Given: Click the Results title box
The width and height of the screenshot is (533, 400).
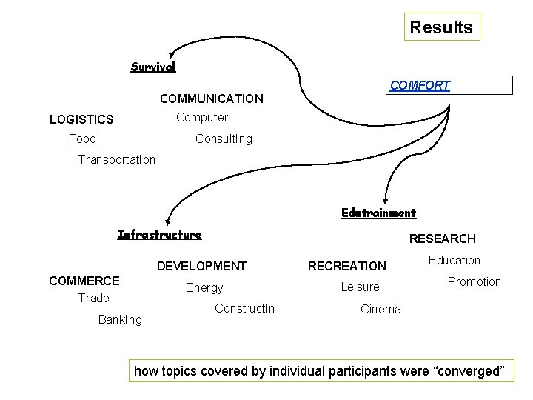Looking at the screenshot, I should point(441,27).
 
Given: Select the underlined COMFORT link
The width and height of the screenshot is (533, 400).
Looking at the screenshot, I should point(420,85).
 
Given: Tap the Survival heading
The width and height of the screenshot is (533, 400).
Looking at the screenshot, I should point(153,67).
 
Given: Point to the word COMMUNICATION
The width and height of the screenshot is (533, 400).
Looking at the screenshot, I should point(211,99).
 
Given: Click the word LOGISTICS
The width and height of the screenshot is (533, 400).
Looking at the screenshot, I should point(81,119).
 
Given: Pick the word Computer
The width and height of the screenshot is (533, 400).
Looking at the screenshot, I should point(202,117).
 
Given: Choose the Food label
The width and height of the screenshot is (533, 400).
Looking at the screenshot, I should point(82,139).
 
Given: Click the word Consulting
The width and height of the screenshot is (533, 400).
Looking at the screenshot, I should point(223,139).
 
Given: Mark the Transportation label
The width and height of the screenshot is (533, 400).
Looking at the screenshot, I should point(117,160).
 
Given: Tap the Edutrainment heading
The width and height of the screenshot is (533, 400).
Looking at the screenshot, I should point(378,213).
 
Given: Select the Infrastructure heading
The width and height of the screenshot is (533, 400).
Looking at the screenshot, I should point(159,235).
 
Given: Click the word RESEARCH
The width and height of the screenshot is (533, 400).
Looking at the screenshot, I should point(442,239).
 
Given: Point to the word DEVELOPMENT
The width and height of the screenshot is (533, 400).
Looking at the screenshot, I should point(201,266).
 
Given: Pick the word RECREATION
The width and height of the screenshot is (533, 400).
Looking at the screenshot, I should point(347,266).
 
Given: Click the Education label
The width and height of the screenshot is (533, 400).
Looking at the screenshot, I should point(455,260).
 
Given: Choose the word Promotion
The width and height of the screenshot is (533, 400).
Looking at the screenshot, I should point(474,281).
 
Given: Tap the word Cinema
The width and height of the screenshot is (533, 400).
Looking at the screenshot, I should point(381,309).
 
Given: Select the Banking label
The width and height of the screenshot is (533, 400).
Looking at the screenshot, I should point(120,320).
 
